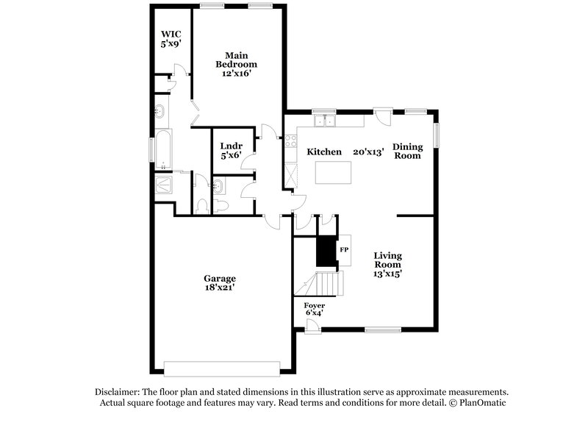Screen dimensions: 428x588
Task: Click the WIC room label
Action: pyautogui.click(x=171, y=33)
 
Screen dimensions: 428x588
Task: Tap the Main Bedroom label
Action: pyautogui.click(x=236, y=60)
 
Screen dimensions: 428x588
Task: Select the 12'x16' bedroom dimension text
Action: pyautogui.click(x=236, y=73)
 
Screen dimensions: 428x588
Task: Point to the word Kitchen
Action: pyautogui.click(x=324, y=151)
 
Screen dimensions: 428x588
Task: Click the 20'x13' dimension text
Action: pyautogui.click(x=368, y=151)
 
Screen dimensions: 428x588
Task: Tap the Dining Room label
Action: pyautogui.click(x=407, y=151)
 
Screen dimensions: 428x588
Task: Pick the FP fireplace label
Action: pyautogui.click(x=343, y=250)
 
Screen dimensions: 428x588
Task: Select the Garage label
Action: pyautogui.click(x=220, y=279)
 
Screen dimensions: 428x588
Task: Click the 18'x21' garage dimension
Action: pyautogui.click(x=220, y=289)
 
